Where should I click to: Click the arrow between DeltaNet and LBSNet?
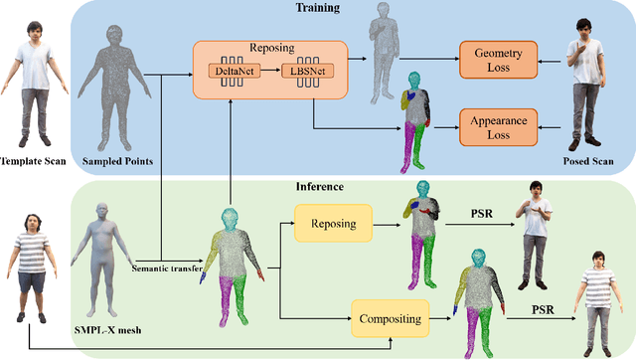(265, 73)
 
